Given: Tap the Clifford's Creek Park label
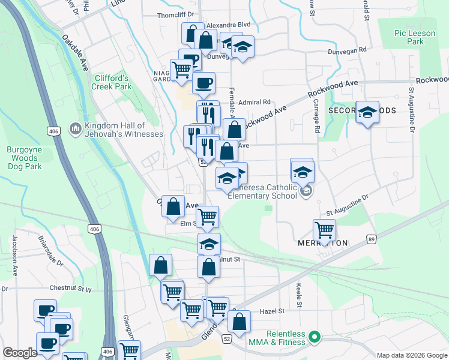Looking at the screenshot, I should [111, 82].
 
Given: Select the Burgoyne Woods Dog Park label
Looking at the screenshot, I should [25, 158].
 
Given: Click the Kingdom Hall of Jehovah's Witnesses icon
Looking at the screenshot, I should [76, 128].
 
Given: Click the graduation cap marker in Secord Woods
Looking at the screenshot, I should [367, 112].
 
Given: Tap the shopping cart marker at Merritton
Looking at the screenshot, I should [324, 229].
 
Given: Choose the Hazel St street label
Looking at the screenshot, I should [271, 311].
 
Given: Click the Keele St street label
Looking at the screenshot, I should [298, 292].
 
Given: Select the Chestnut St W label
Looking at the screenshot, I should [70, 289].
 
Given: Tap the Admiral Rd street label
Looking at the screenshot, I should [255, 102].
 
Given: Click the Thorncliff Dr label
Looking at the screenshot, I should [176, 14].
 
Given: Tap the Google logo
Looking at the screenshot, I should [20, 353].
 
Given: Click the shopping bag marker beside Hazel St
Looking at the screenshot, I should [240, 321].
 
